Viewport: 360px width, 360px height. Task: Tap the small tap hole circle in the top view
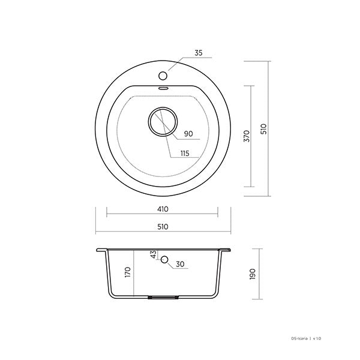click(162, 76)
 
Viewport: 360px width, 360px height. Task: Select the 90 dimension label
click(188, 133)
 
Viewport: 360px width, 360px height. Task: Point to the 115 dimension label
click(184, 154)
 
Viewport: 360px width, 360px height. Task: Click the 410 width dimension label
click(162, 209)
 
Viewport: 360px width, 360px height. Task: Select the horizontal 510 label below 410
click(162, 226)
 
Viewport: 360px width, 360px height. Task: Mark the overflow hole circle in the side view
click(163, 263)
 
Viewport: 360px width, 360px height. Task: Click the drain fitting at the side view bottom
click(163, 297)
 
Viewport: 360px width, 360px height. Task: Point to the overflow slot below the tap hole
click(162, 88)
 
